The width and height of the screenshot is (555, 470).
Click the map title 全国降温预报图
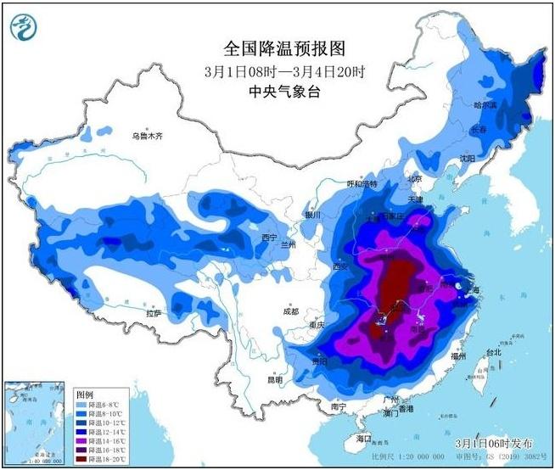(277, 50)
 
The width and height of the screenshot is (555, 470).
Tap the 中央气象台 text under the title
(277, 89)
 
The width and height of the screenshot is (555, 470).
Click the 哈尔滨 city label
(485, 105)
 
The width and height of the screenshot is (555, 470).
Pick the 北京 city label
(414, 179)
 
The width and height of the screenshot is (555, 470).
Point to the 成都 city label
(292, 310)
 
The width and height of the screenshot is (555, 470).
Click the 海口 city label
(364, 438)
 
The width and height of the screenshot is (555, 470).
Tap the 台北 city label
(493, 351)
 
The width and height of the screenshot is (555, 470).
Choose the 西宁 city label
(269, 237)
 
